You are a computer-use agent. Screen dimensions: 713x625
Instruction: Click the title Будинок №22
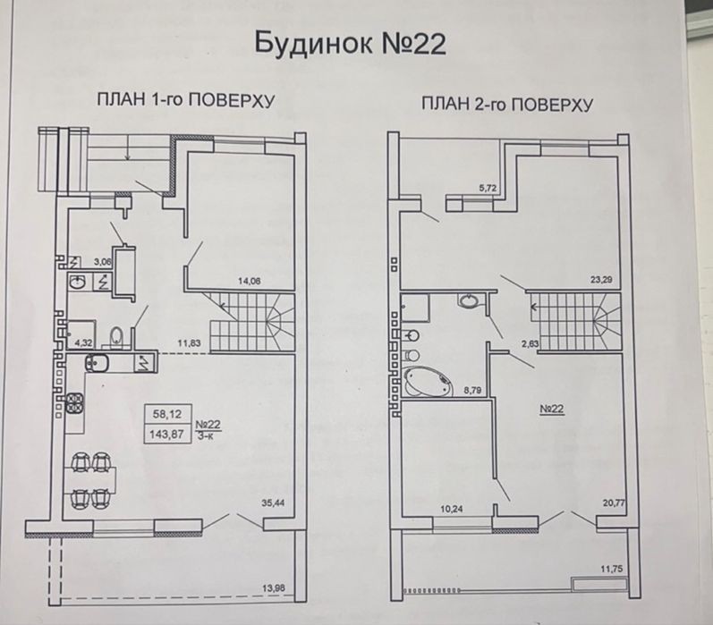350,44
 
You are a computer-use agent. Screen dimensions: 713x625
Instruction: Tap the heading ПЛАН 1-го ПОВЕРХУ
185,100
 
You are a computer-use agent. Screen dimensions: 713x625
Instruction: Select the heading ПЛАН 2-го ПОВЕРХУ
507,104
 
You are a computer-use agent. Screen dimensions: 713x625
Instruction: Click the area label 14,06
250,282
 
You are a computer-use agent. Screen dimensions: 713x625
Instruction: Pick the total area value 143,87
167,434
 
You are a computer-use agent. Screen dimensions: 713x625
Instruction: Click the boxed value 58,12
167,414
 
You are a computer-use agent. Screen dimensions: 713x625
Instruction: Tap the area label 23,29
600,280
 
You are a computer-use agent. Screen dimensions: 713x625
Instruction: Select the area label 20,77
610,503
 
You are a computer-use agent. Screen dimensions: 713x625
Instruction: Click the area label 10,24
452,509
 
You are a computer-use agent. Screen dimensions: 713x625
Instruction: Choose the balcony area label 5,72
488,187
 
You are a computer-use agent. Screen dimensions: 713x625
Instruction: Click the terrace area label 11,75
612,569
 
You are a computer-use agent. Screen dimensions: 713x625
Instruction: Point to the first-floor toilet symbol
117,337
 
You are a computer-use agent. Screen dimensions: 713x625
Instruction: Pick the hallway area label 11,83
189,343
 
